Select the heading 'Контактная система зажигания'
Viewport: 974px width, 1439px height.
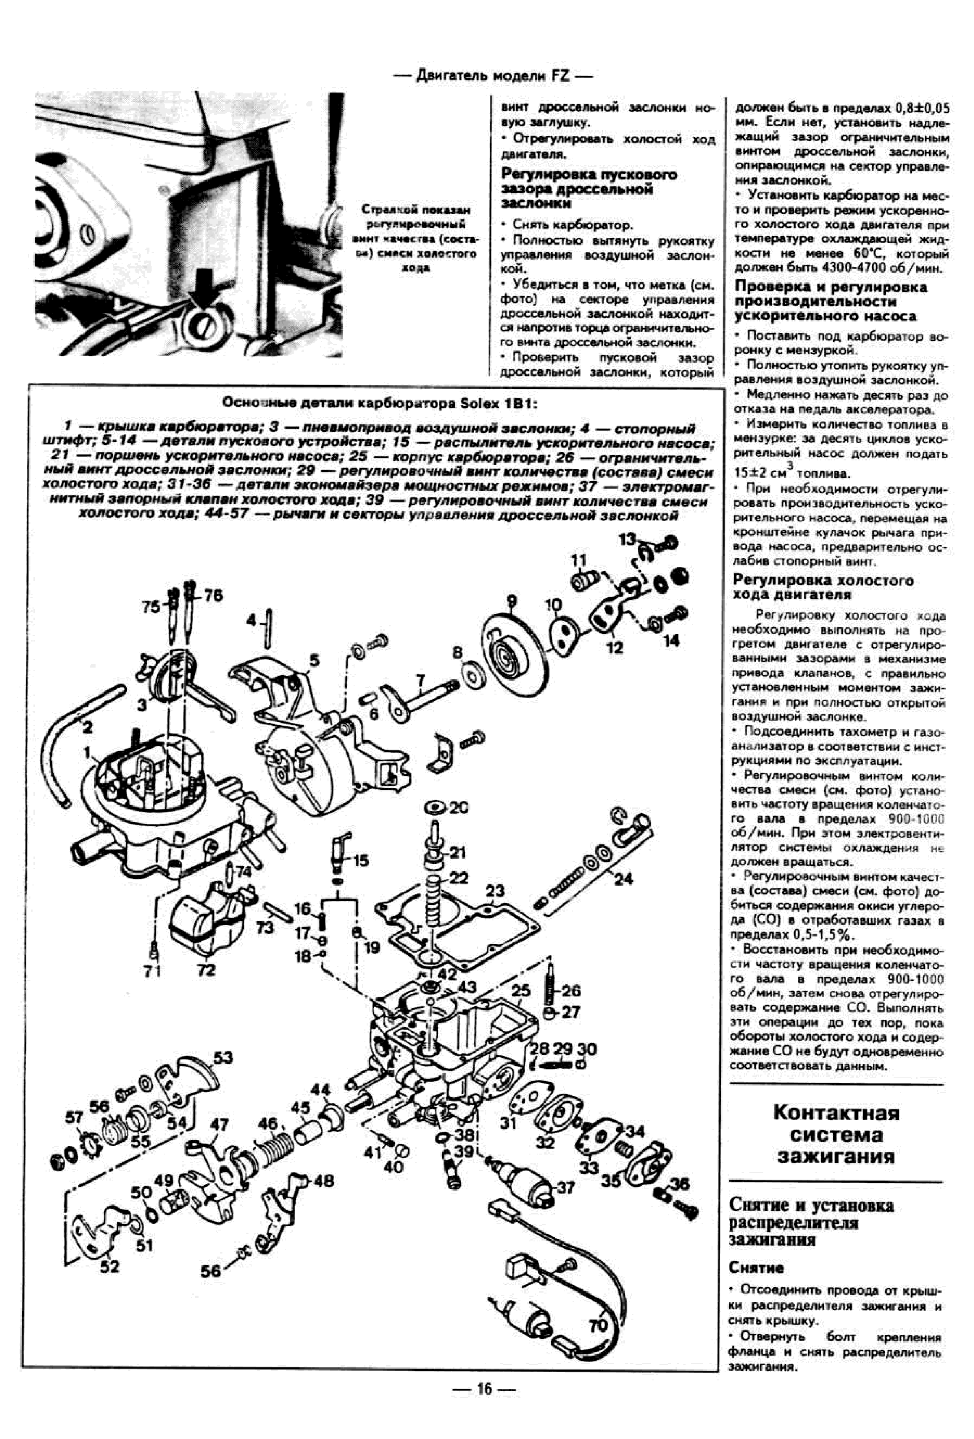[x=836, y=1135]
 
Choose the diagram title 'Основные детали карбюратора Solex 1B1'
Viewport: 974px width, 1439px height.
[x=380, y=403]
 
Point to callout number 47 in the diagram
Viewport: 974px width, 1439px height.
[x=219, y=1124]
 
